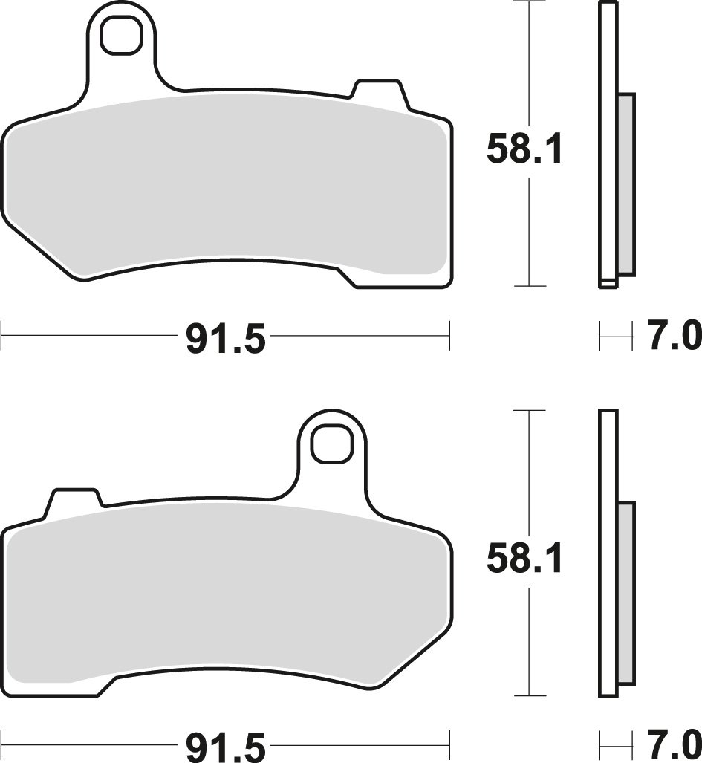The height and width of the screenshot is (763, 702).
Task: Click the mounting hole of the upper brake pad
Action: [121, 35]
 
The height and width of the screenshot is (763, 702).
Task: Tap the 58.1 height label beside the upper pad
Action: [524, 150]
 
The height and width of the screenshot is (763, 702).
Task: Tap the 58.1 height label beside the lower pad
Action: [524, 559]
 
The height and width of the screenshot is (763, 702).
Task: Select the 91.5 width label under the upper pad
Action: [226, 340]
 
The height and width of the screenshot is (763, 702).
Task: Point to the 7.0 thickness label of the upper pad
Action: [674, 335]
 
